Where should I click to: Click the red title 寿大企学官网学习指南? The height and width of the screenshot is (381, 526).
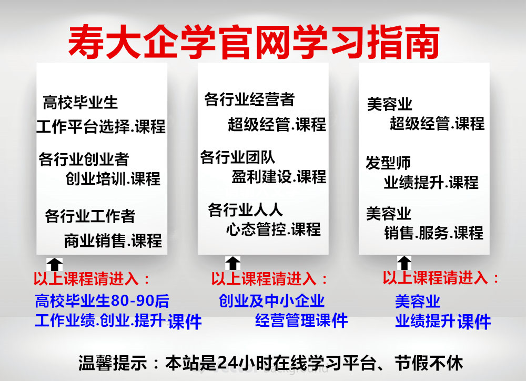pos(254,42)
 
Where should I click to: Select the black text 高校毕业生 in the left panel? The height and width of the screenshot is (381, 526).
pos(80,103)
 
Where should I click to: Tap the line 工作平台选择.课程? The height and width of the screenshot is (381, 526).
pos(101,126)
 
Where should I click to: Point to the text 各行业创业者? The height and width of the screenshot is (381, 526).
pos(84,159)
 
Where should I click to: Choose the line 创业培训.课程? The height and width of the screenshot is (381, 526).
pos(113,178)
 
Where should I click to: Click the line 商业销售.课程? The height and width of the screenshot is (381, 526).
pos(113,240)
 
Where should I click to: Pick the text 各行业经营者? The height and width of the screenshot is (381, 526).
pos(249,99)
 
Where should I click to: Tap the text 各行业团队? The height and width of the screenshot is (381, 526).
pos(238,157)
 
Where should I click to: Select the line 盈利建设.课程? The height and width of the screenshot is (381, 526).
pos(279,177)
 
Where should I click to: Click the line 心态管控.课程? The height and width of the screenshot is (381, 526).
pos(274,229)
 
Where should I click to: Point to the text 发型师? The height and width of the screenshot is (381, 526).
pos(388,163)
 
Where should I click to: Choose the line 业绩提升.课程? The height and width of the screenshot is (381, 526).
pos(431,183)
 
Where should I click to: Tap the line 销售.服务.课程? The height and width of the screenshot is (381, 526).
pos(434,233)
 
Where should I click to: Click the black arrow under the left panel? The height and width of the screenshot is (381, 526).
pos(54,265)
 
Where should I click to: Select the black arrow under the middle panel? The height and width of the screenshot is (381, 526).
pos(232,263)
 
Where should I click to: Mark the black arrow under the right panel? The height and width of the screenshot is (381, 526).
pos(404,263)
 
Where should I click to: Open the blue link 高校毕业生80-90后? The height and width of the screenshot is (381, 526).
pos(102,301)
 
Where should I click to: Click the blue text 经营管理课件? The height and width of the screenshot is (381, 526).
pos(301,320)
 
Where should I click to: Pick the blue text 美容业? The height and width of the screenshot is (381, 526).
pos(417,301)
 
